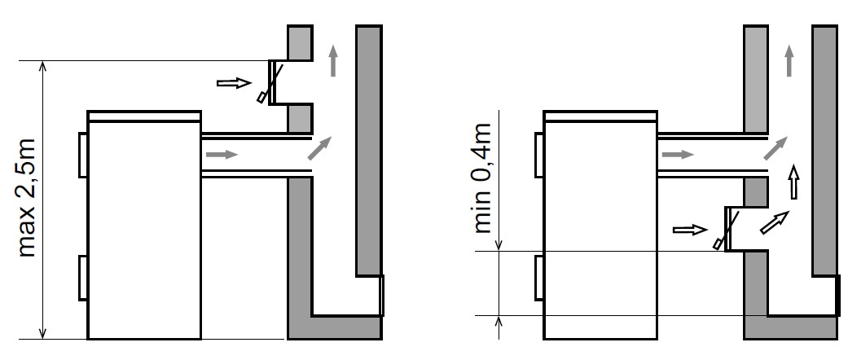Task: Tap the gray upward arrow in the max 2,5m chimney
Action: pyautogui.click(x=332, y=61)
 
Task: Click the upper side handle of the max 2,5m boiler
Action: pyautogui.click(x=82, y=153)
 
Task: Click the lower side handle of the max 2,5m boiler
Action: pyautogui.click(x=82, y=277)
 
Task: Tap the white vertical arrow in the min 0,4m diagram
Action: pyautogui.click(x=794, y=180)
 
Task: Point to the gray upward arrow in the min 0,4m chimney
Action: pyautogui.click(x=789, y=61)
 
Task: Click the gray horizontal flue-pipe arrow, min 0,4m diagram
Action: pyautogui.click(x=679, y=153)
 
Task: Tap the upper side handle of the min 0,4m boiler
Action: pyautogui.click(x=538, y=153)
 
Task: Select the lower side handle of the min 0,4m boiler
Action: pyautogui.click(x=538, y=277)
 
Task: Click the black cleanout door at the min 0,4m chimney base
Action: pyautogui.click(x=838, y=296)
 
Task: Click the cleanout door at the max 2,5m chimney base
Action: pyautogui.click(x=382, y=296)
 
